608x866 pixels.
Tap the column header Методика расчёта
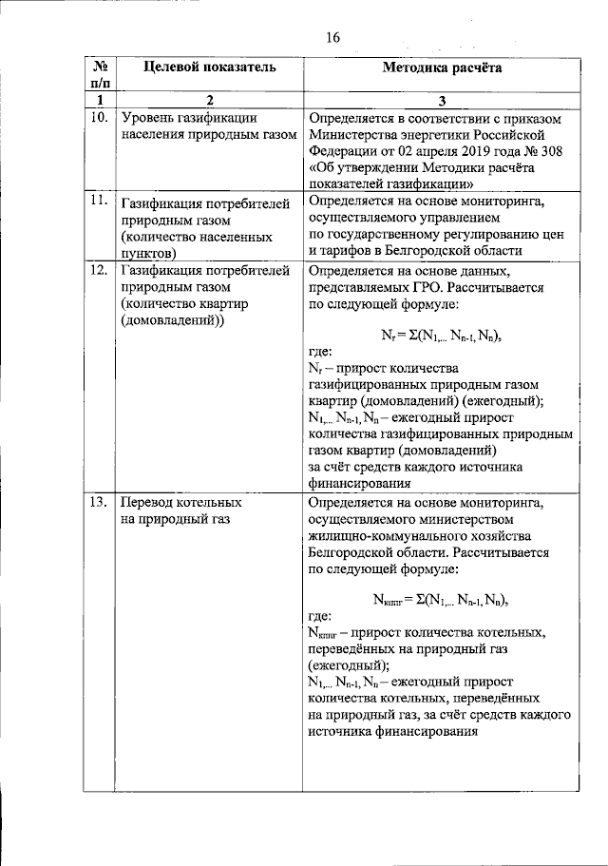pyautogui.click(x=443, y=68)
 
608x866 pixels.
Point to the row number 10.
pyautogui.click(x=98, y=119)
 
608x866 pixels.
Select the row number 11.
pyautogui.click(x=98, y=200)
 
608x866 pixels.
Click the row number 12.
pyautogui.click(x=98, y=271)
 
